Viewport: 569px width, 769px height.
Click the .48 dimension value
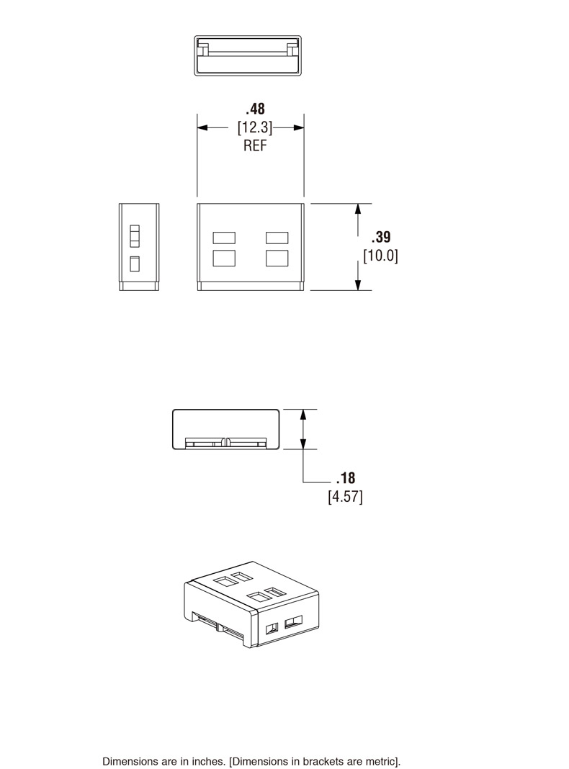point(255,109)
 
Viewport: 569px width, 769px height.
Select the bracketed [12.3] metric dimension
point(255,127)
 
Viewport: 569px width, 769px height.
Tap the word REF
point(255,145)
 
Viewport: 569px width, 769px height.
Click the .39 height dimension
point(381,238)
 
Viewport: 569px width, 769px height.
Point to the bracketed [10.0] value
point(380,256)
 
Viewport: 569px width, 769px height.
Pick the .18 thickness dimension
point(346,478)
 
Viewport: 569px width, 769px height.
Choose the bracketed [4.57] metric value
point(346,497)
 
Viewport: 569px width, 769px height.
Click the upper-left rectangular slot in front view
point(225,238)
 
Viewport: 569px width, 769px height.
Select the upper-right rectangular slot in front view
point(277,238)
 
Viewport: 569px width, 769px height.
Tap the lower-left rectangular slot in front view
point(225,258)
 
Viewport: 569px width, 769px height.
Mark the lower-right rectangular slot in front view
point(277,258)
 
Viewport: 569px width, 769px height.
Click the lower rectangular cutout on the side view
point(134,264)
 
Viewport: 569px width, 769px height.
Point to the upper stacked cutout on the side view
point(134,236)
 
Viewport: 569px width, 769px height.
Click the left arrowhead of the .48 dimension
point(202,127)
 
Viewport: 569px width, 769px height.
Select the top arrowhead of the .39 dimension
point(358,209)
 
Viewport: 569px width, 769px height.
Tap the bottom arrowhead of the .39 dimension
point(358,285)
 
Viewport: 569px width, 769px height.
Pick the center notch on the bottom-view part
point(226,441)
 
